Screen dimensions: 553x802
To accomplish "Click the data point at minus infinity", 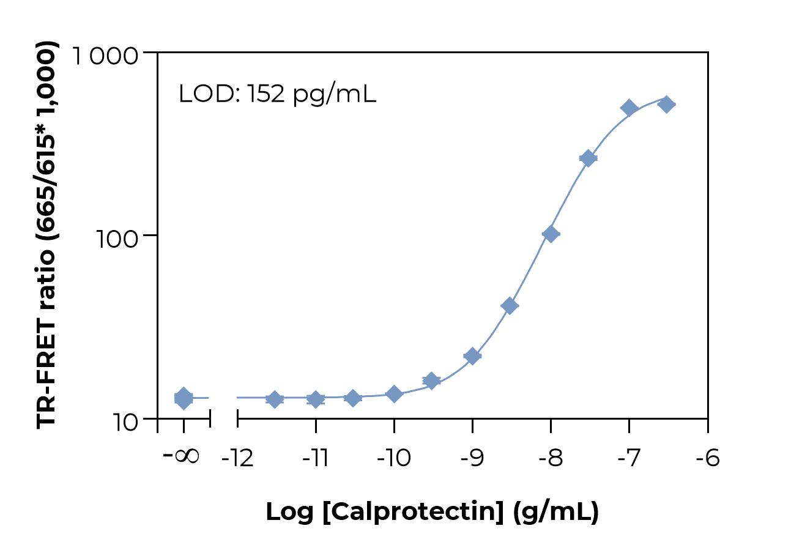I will point(184,398).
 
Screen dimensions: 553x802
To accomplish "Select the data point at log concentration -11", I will point(316,399).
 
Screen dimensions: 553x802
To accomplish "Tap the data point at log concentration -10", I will point(394,394).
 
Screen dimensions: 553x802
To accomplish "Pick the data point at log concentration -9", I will point(472,356).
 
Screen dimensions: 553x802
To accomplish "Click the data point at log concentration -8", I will point(551,234).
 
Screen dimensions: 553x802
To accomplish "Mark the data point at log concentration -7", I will point(629,108).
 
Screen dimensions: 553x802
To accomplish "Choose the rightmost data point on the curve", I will point(666,104).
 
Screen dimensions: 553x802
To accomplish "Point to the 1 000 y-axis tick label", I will point(105,56).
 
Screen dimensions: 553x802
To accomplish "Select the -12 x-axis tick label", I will point(237,458).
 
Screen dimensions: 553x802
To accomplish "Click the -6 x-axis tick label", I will point(707,458).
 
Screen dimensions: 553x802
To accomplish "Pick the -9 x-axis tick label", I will point(472,458).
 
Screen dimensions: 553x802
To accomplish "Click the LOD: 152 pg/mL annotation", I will point(277,94).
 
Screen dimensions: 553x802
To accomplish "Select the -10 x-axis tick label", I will point(394,458).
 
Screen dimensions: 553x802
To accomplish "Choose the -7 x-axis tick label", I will point(628,458).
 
